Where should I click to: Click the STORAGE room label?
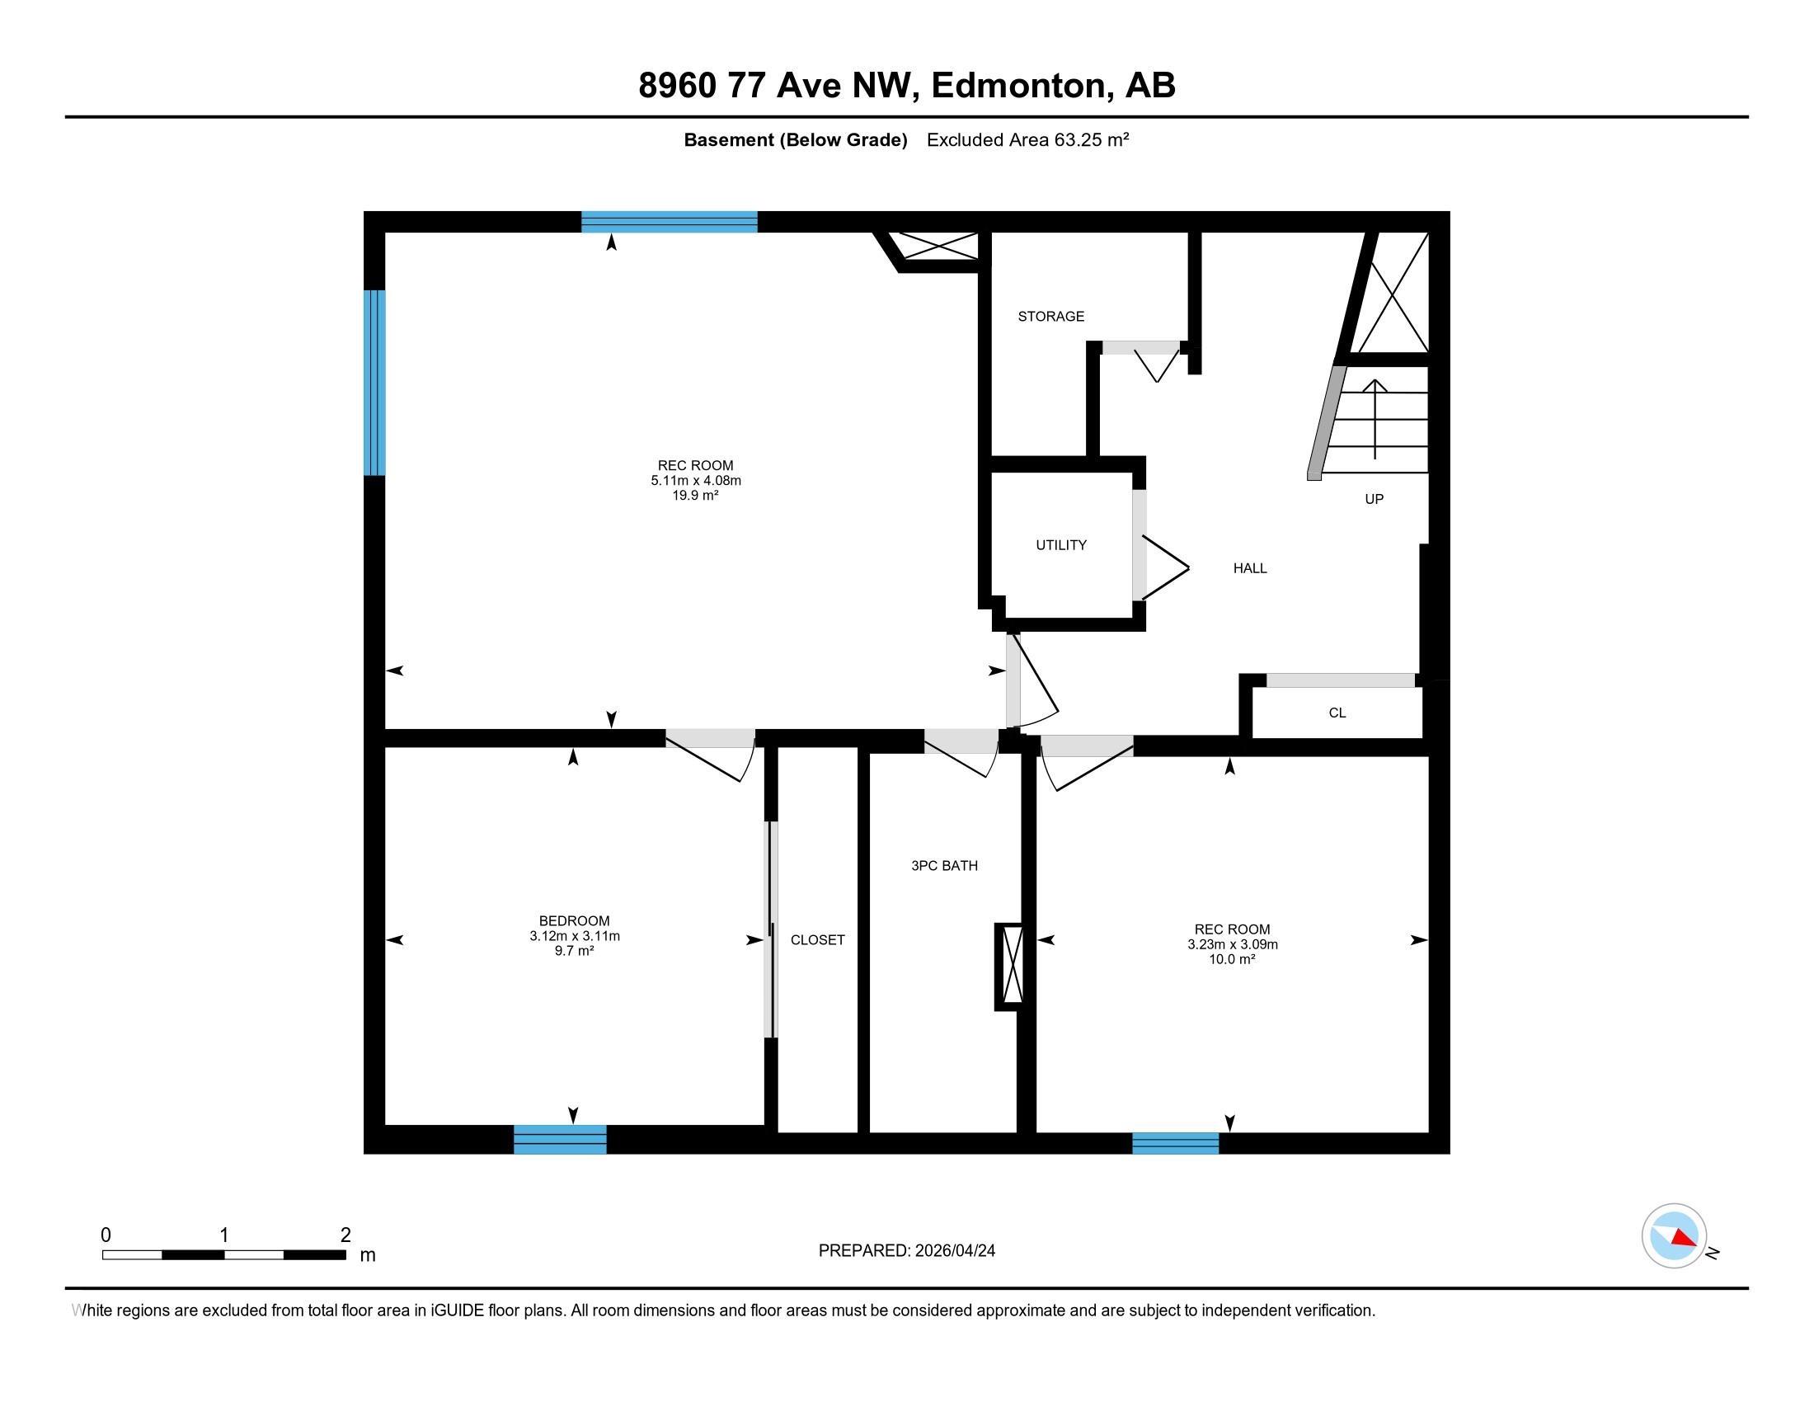coord(1050,317)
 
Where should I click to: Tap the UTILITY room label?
coord(1060,545)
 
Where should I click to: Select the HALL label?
coord(1250,568)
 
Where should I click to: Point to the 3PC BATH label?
coord(944,865)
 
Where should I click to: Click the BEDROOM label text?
coord(574,920)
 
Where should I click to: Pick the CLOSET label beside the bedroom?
coord(817,939)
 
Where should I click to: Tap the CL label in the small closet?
coord(1337,713)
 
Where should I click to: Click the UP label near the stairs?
coord(1375,499)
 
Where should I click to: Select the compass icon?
coord(1675,1236)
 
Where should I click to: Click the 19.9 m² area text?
coord(695,495)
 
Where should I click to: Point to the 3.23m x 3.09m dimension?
coord(1233,944)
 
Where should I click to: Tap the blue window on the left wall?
coord(375,383)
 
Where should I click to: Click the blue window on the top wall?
coord(670,222)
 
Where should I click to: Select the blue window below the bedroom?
coord(560,1140)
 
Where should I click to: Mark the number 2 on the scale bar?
coord(345,1235)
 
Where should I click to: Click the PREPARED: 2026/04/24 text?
coord(907,1251)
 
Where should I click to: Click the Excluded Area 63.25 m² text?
coord(1027,140)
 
